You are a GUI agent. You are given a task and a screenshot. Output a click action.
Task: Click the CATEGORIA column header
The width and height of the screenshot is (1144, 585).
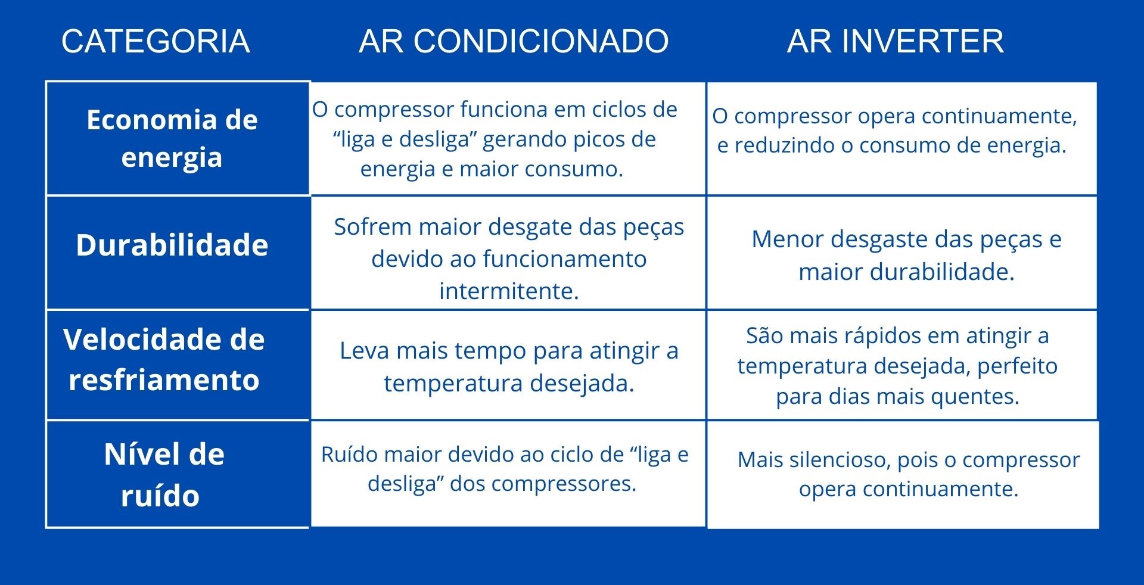tap(156, 41)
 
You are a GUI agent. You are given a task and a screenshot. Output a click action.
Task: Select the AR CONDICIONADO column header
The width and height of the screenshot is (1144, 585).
tap(514, 41)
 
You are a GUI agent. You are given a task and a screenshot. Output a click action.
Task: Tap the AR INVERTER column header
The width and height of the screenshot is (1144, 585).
tap(895, 41)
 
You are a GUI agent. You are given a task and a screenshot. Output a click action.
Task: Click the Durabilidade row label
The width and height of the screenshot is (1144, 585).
tap(172, 245)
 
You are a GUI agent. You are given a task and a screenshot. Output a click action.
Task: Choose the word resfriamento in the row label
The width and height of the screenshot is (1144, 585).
tap(164, 379)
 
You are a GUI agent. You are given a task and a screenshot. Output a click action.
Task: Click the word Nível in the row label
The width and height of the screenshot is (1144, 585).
tap(138, 454)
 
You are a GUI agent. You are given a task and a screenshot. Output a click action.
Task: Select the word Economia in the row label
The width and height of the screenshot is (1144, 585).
tap(152, 120)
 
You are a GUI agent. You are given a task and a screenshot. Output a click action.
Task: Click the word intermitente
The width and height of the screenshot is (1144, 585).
tap(509, 291)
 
